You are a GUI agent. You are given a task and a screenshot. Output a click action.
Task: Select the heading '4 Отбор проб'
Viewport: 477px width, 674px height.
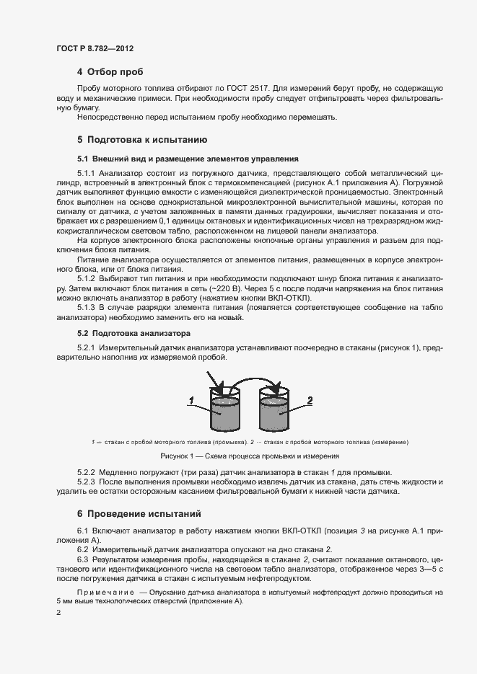click(x=110, y=72)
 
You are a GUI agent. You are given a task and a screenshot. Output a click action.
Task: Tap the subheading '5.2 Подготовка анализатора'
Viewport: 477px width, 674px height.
click(x=134, y=334)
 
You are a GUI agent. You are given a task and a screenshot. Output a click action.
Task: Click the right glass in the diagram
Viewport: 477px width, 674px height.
click(x=273, y=408)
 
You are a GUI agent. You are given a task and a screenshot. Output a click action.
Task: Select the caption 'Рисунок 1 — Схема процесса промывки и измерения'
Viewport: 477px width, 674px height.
click(x=250, y=456)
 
